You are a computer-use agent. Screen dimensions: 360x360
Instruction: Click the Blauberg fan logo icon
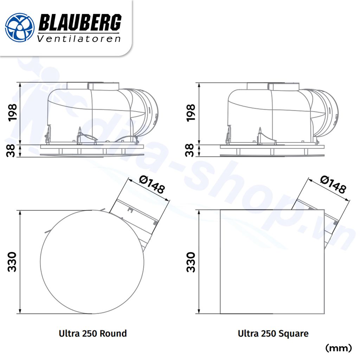click(20, 27)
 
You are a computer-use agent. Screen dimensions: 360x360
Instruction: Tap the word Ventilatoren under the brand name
click(79, 39)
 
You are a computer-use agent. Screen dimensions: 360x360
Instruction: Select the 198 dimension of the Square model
click(190, 113)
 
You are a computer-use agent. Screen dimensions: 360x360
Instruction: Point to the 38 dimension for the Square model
click(190, 151)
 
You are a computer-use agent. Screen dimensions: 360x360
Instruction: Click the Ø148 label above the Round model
click(152, 185)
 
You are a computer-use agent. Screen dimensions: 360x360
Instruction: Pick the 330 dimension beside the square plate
click(190, 262)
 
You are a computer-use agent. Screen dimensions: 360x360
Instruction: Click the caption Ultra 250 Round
click(93, 333)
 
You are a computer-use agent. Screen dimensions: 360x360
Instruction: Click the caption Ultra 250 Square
click(273, 333)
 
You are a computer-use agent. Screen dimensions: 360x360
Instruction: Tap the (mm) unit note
click(339, 348)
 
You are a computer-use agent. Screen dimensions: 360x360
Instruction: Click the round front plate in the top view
click(92, 262)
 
